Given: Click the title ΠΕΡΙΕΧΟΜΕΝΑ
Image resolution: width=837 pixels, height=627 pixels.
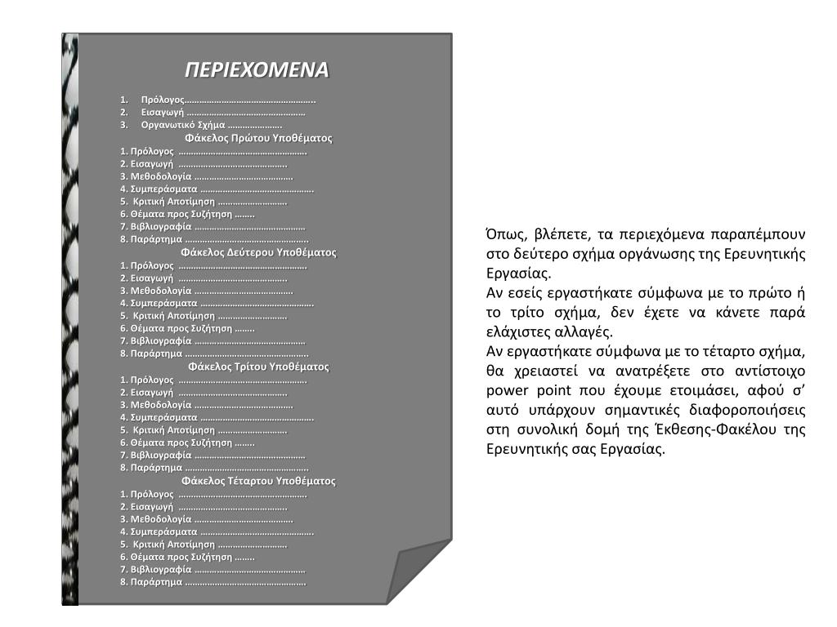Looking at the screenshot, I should tap(256, 69).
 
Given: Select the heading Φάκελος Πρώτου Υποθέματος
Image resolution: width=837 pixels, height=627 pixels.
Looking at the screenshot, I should tap(258, 138).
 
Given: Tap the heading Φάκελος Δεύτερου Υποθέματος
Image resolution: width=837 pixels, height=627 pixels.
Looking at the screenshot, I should tap(258, 252).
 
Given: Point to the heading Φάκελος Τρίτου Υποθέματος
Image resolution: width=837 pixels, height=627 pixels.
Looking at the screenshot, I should tap(258, 367).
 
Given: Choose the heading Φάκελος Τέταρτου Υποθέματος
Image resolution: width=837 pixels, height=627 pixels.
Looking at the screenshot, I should tap(258, 481).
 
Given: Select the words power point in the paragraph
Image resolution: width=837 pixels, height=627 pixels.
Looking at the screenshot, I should tap(512, 390).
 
